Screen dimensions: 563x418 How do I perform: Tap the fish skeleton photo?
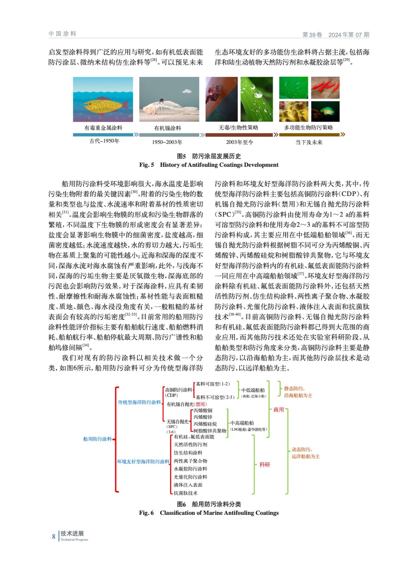click(x=169, y=100)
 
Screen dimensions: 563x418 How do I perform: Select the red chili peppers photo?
click(x=325, y=88)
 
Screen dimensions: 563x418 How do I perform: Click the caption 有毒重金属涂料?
click(x=103, y=128)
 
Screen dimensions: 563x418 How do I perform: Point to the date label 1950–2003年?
click(x=167, y=142)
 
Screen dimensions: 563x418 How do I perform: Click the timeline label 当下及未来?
click(x=309, y=142)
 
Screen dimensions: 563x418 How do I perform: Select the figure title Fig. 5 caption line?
click(x=208, y=165)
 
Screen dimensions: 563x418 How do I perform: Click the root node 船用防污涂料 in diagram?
click(x=97, y=439)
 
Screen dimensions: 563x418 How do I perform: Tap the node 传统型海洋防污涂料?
click(x=139, y=402)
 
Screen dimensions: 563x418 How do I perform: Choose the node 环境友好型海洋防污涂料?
click(x=143, y=461)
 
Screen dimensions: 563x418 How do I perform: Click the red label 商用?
click(x=279, y=410)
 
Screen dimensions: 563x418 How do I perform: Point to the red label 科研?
click(x=265, y=464)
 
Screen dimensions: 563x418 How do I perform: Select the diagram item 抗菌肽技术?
click(x=186, y=493)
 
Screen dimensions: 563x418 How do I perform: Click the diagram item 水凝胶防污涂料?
click(x=190, y=469)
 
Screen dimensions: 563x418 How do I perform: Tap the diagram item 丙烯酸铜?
click(x=203, y=410)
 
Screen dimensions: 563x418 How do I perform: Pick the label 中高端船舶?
click(x=242, y=423)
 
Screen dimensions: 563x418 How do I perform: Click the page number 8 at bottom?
click(x=54, y=536)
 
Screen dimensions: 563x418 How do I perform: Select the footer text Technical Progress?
click(x=74, y=539)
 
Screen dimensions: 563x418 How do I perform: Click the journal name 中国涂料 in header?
click(x=62, y=34)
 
